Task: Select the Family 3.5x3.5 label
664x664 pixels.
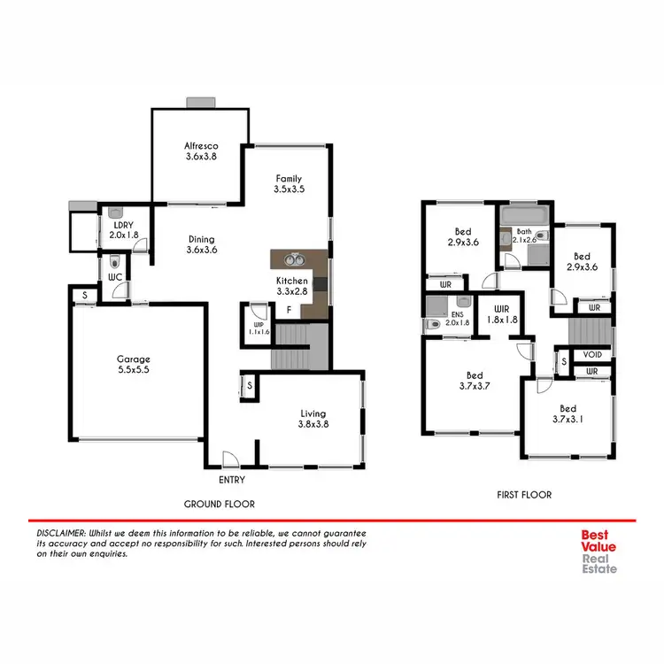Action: [290, 183]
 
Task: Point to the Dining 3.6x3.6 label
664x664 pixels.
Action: [201, 244]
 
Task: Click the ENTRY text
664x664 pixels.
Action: [230, 480]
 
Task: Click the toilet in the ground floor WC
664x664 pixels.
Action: [113, 262]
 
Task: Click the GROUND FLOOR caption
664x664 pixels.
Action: [219, 504]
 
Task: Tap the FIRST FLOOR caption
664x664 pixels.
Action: [522, 495]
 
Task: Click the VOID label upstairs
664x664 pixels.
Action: [592, 354]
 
